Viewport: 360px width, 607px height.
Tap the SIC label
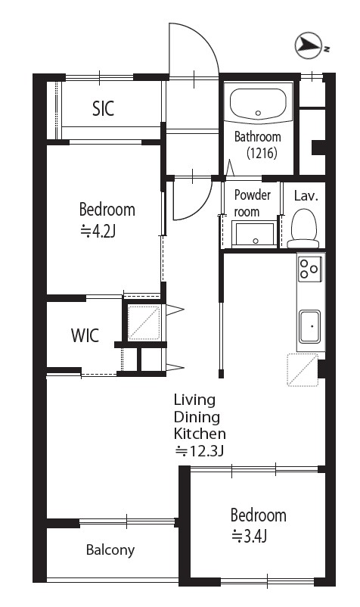click(104, 109)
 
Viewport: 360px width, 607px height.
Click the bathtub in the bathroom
click(258, 103)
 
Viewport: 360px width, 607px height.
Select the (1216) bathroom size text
click(262, 154)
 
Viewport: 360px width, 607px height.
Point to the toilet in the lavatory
click(303, 229)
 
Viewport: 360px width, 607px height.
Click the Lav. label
click(306, 196)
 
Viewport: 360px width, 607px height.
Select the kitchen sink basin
click(310, 326)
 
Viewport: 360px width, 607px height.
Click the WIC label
click(85, 335)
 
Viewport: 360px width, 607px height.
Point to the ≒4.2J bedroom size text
click(98, 232)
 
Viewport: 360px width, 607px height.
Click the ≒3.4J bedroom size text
click(250, 537)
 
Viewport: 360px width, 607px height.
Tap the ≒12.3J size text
click(199, 451)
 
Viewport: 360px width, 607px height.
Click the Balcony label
click(110, 550)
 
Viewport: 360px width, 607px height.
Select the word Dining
click(197, 417)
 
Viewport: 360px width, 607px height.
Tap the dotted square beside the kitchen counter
click(303, 369)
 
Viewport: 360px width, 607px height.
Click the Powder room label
click(253, 204)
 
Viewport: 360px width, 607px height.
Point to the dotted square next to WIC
click(144, 322)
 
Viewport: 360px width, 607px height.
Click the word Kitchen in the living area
click(200, 434)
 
